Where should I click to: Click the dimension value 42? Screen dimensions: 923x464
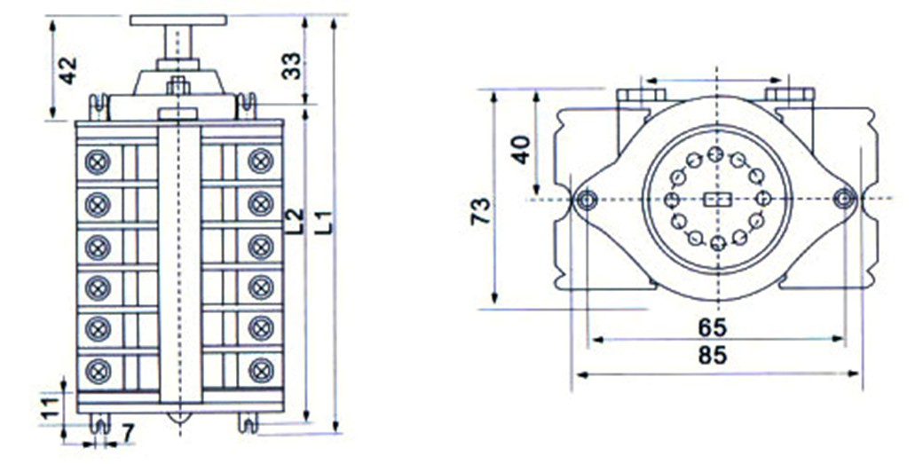point(68,71)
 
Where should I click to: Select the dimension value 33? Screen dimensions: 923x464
point(291,66)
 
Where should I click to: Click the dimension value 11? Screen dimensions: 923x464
point(51,407)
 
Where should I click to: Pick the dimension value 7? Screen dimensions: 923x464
point(128,434)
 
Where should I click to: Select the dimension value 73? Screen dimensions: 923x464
point(480,210)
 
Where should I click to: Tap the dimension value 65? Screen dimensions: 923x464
point(713,327)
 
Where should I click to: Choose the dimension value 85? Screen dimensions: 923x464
point(713,355)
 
